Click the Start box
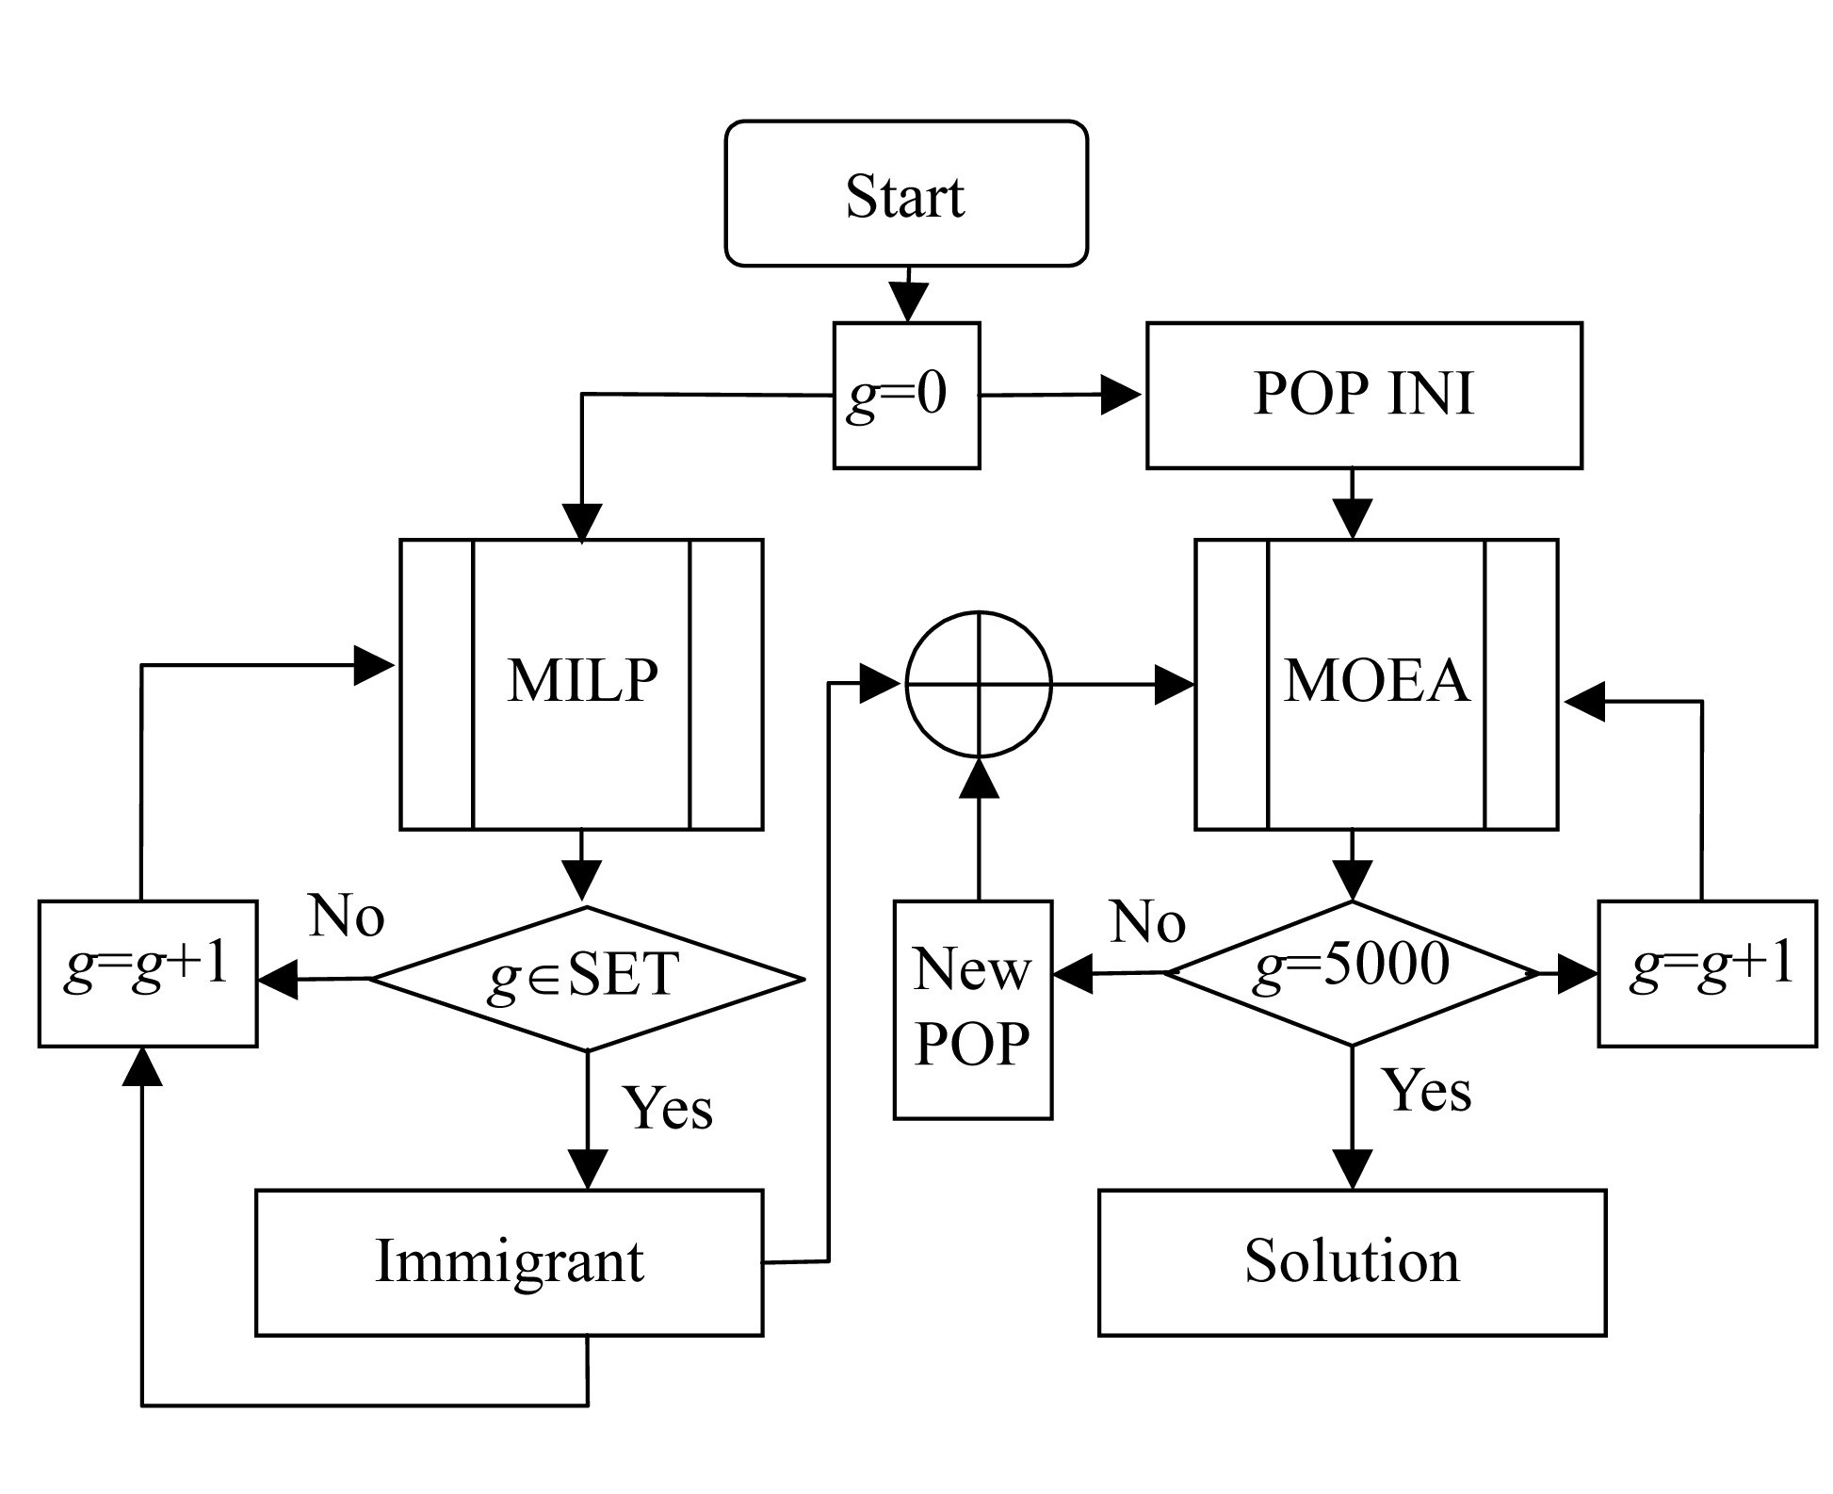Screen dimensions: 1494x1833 coord(905,194)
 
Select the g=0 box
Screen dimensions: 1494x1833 coord(905,395)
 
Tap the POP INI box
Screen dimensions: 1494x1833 coord(1363,395)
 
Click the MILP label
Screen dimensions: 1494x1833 coord(582,680)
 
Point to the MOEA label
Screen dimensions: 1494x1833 coord(1376,680)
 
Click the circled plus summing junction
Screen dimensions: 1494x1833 coord(978,684)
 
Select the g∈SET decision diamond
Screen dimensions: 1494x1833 coord(587,978)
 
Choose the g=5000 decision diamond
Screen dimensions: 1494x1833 coord(1352,972)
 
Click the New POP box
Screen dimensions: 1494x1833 coord(972,1009)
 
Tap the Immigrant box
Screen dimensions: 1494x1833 coord(509,1262)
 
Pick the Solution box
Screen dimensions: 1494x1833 coord(1352,1262)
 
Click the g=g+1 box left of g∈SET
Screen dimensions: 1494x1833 coord(148,973)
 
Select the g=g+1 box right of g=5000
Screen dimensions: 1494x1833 coord(1707,973)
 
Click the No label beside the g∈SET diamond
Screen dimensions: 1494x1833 coord(347,916)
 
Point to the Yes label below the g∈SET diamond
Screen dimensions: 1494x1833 coord(668,1108)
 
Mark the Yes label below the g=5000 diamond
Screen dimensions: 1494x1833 coord(1426,1092)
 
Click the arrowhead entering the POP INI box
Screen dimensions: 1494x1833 coord(1121,395)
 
